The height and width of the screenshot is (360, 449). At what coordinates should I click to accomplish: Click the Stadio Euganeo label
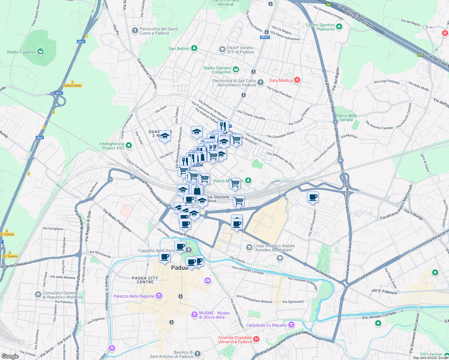[21, 52]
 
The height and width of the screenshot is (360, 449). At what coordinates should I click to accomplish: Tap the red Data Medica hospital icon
[297, 80]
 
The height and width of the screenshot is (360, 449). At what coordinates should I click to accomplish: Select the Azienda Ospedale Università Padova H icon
[256, 339]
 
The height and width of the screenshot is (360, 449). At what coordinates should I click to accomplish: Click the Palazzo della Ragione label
[134, 296]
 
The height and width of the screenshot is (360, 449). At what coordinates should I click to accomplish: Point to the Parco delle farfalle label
[346, 118]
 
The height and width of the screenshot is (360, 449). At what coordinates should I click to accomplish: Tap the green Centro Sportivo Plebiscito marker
[339, 27]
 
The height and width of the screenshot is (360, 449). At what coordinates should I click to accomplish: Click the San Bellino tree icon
[194, 48]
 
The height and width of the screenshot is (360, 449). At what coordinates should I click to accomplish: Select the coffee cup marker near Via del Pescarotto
[313, 197]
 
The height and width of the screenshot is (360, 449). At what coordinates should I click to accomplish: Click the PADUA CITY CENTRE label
[145, 280]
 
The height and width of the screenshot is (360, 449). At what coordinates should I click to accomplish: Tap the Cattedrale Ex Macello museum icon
[291, 325]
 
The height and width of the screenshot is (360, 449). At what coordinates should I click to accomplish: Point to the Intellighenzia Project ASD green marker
[129, 145]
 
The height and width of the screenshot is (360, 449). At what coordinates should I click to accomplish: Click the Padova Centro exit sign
[73, 85]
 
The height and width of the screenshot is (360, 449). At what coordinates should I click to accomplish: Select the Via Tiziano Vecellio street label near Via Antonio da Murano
[251, 115]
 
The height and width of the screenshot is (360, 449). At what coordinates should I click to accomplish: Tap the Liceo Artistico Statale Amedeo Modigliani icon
[249, 247]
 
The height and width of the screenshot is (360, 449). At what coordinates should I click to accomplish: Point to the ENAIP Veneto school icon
[222, 49]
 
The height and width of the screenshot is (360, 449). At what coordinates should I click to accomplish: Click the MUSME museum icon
[194, 315]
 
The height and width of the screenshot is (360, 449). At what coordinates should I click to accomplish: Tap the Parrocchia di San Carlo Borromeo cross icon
[261, 82]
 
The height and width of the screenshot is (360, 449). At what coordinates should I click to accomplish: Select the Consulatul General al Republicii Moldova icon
[38, 295]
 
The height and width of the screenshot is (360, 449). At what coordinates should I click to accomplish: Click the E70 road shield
[420, 55]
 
